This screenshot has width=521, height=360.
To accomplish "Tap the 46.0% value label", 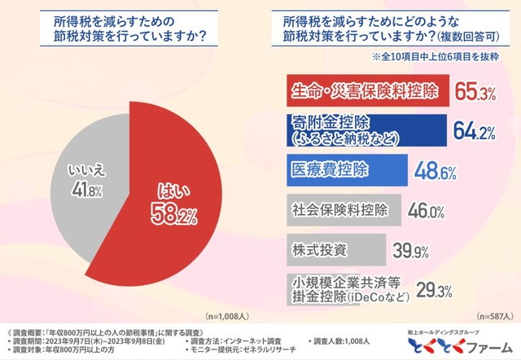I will pyautogui.click(x=425, y=211).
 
